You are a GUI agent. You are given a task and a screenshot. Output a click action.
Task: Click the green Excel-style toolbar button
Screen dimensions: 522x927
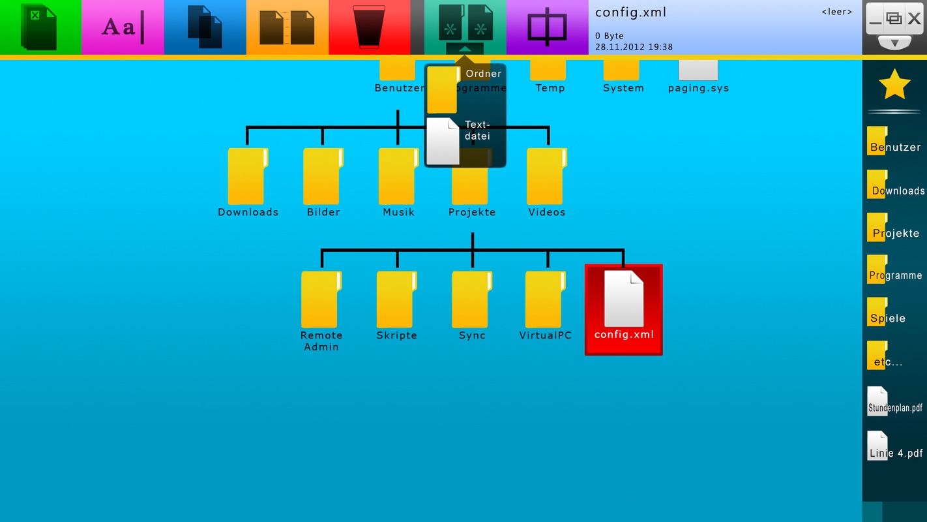tap(40, 27)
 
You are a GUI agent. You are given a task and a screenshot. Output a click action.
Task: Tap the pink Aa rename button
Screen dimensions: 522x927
tap(123, 27)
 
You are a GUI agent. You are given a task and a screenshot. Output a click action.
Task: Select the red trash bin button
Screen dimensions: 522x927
tap(369, 27)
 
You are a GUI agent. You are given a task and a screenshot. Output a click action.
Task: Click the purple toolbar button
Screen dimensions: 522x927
tap(547, 27)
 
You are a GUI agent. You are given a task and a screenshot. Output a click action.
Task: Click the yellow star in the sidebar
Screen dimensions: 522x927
tap(894, 84)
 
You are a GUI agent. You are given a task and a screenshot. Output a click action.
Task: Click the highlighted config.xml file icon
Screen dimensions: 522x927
tap(624, 300)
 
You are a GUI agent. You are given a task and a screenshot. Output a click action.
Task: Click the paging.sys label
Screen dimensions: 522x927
tap(698, 88)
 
